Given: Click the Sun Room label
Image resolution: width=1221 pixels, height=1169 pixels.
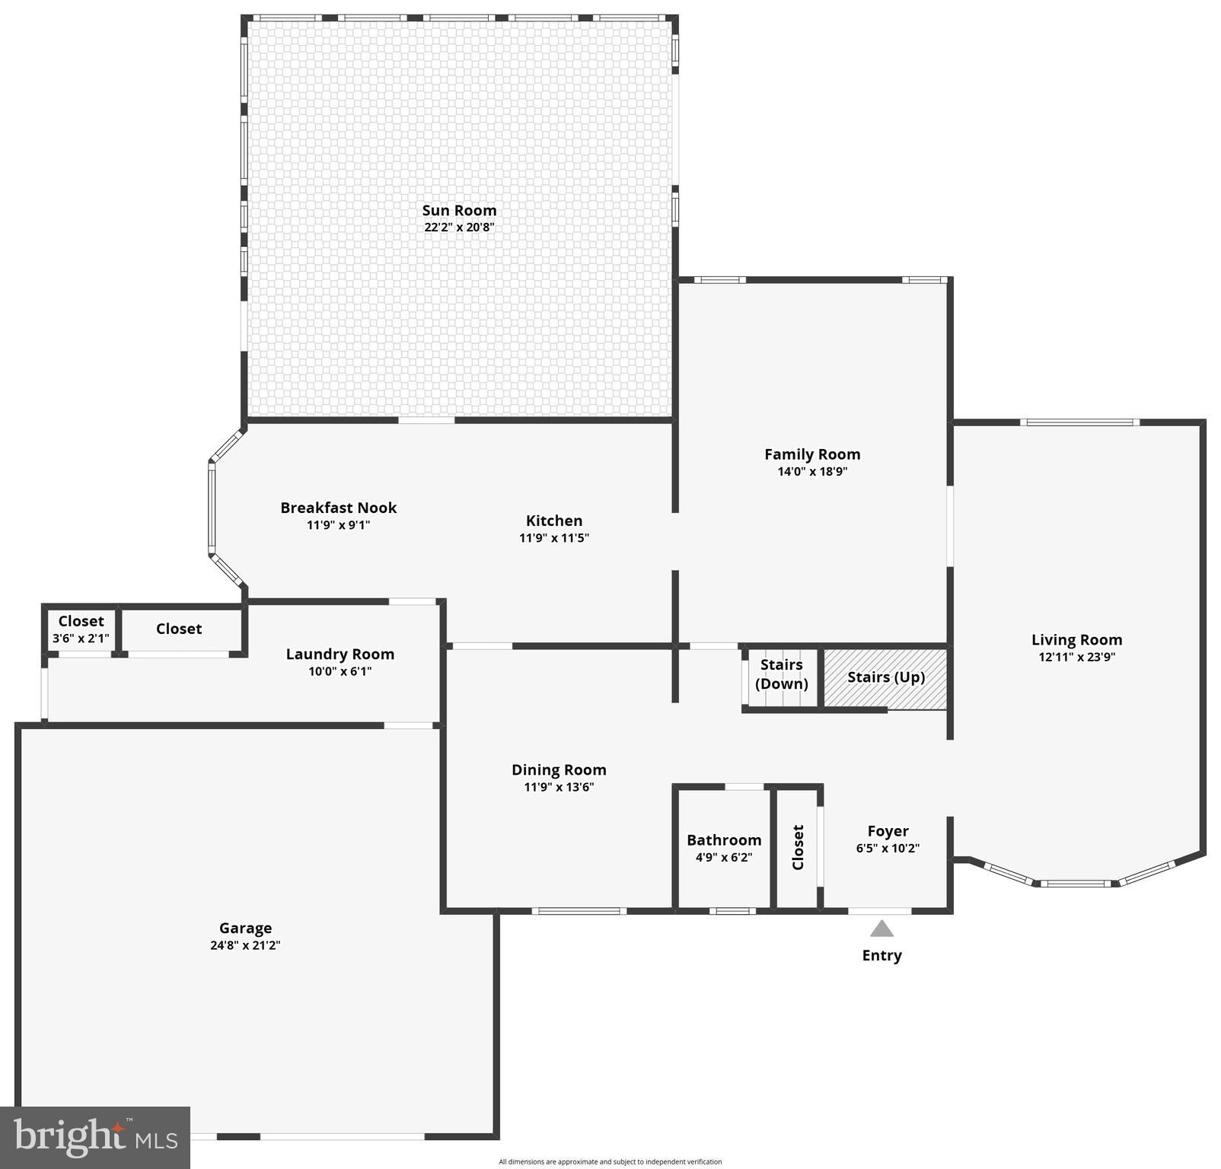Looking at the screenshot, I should point(459,210).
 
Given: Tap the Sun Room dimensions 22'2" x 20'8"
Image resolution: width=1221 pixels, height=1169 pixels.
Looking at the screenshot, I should point(459,227).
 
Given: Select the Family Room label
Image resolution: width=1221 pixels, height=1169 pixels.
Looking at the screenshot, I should point(812,454).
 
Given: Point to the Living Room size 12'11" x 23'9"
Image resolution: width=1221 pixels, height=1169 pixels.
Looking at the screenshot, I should point(1076,657).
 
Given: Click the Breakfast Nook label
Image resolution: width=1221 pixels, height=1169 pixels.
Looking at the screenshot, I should point(339,508).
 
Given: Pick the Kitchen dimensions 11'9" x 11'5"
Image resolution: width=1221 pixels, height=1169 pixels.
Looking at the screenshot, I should point(554,538).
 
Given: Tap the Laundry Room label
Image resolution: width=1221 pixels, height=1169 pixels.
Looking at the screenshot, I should point(340,655).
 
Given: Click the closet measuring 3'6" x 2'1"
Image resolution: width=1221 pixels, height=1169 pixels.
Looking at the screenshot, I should point(81,629).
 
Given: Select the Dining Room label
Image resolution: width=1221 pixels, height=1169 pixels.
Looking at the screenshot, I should point(559,770).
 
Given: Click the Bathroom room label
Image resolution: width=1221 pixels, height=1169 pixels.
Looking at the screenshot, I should point(724,840).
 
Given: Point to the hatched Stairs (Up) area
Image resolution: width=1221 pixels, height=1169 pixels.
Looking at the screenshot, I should point(886,677).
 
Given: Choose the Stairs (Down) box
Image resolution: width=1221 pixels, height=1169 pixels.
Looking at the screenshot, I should point(781,674).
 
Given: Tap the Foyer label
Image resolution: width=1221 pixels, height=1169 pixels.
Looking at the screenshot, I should point(888,831).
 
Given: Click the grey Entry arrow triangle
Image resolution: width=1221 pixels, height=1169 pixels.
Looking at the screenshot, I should point(881,929).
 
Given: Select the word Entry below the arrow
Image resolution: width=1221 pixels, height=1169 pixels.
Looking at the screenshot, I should point(881,956).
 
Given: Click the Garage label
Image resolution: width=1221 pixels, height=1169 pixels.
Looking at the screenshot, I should point(245,929).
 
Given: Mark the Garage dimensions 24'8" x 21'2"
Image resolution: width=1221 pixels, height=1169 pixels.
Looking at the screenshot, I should point(245,945).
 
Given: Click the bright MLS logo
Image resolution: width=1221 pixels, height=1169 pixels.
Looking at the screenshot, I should point(95,1137).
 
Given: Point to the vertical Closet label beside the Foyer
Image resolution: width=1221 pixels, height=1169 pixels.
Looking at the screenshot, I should point(798,847).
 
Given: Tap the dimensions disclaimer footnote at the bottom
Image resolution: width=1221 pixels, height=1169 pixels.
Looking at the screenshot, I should point(610,1162).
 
